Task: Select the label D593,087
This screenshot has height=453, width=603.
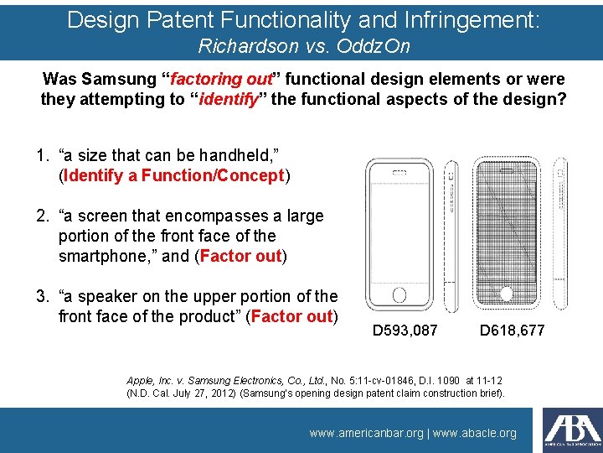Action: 405,331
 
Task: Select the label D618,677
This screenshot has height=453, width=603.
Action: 512,331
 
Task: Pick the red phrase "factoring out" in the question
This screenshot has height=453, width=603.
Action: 222,80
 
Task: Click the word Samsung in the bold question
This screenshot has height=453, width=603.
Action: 116,80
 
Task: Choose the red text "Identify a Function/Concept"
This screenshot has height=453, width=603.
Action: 174,175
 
